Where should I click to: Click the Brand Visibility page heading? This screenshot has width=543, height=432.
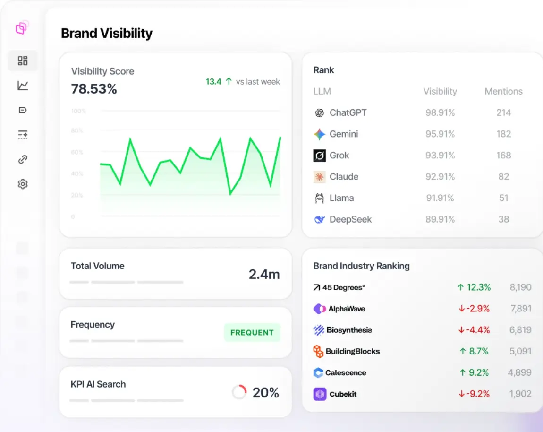coord(107,34)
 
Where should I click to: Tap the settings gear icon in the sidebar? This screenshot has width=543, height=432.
coord(23,184)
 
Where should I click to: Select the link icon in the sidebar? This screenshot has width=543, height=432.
coord(23,159)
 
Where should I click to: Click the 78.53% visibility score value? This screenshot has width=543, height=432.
coord(94,89)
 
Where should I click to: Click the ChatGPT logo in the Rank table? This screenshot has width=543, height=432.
coord(320,113)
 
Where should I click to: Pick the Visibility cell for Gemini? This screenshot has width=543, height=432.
coord(440,134)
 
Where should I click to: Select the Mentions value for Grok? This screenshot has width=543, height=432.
coord(503,156)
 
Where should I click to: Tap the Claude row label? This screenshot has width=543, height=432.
coord(344,177)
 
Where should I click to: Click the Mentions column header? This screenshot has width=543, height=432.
coord(503,91)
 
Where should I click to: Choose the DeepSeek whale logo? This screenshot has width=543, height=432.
coord(320,219)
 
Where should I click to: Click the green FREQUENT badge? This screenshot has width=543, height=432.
coord(252,332)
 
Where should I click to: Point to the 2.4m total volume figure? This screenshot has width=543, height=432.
coord(264,274)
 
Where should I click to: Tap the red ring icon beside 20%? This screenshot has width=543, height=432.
coord(239,392)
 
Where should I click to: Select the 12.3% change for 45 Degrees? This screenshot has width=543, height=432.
coord(474,287)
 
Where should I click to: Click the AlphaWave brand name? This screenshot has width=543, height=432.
coord(347,309)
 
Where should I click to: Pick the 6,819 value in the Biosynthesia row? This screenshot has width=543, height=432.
coord(520,330)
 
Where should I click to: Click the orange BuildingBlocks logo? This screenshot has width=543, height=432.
coord(319,351)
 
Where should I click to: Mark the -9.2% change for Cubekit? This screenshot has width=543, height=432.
coord(474,394)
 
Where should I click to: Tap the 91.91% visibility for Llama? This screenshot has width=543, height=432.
coord(440,198)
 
